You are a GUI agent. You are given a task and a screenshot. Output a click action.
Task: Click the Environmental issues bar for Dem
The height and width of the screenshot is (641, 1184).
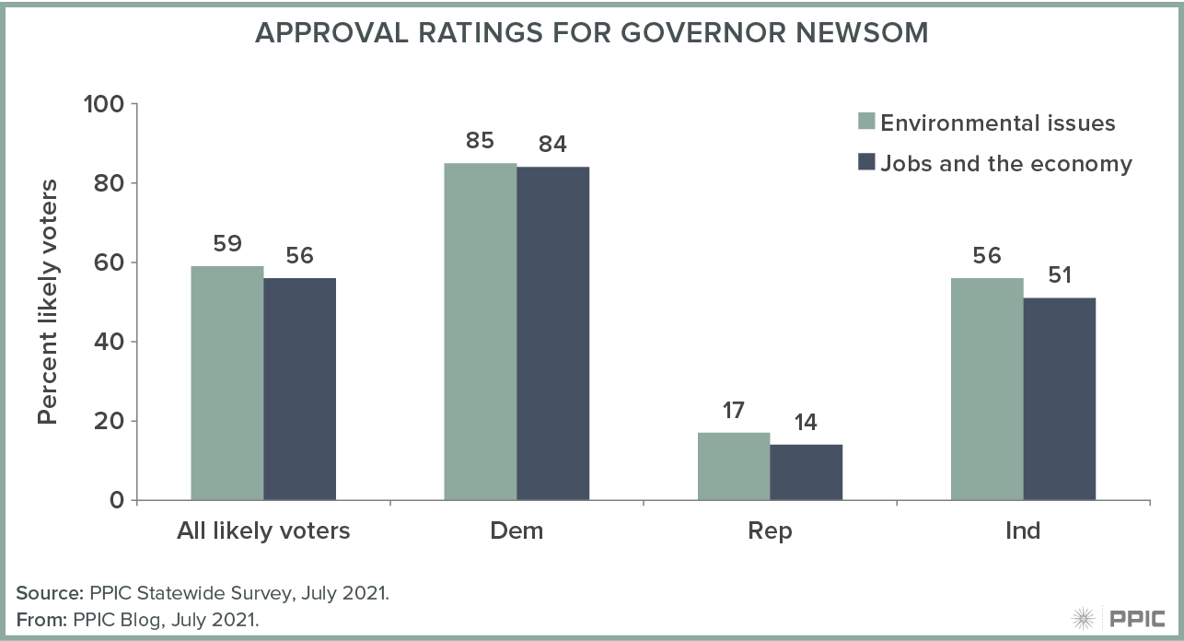pos(480,332)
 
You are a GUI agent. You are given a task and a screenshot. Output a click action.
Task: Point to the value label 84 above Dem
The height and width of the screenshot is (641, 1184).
pos(552,144)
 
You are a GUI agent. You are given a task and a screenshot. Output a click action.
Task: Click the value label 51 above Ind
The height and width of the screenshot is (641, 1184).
pos(1060,274)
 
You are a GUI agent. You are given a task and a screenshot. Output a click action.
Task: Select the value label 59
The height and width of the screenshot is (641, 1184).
pos(226,243)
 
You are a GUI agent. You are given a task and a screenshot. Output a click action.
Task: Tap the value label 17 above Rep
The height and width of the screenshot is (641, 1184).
pos(734,410)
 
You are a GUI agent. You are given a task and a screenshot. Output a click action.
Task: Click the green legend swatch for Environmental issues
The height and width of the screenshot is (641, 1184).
pos(865,122)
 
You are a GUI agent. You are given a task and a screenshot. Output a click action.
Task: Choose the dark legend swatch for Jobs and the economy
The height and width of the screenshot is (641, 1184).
pos(865,163)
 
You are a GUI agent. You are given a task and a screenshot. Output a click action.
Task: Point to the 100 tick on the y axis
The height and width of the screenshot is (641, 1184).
pos(104,104)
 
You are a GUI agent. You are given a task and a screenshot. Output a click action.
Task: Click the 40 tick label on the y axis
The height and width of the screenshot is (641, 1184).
pos(109,342)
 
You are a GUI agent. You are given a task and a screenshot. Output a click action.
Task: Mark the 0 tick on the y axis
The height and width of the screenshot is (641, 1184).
pos(116,500)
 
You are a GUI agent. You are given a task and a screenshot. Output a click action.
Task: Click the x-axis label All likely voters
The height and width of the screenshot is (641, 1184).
pos(263,531)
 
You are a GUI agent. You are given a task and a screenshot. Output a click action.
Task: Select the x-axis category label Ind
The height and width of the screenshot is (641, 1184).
pos(1023,531)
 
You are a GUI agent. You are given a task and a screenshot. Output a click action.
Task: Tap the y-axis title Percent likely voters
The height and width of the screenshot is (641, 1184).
pos(48,302)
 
